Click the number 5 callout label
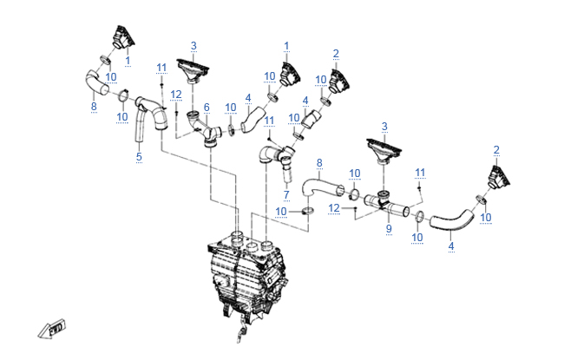pos(138,156)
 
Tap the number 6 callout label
pos(207,107)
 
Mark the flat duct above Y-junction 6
pos(193,69)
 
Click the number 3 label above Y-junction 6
pos(193,45)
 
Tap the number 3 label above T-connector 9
pos(384,126)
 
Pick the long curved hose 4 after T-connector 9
pos(451,221)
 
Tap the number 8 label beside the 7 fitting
pos(319,162)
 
